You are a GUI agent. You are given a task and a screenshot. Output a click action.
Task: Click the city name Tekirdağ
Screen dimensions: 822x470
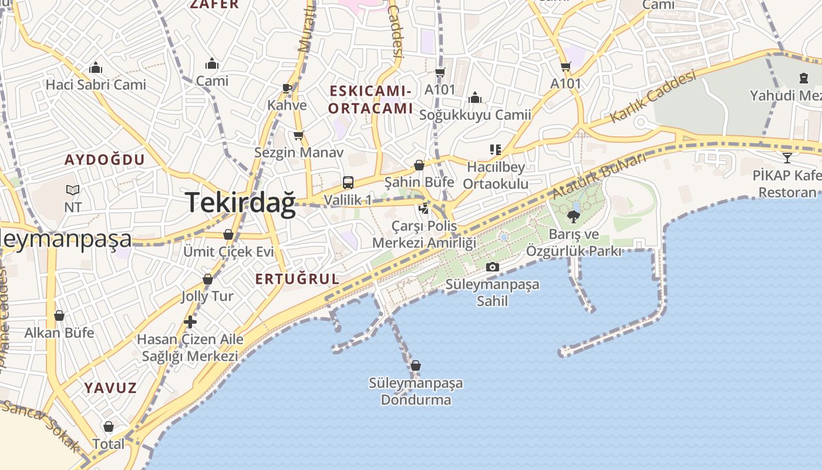tap(241, 203)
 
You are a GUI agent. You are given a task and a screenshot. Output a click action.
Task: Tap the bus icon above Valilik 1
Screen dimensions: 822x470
tap(348, 182)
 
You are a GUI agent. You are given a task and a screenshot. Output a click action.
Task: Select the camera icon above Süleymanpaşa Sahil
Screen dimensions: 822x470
tap(493, 267)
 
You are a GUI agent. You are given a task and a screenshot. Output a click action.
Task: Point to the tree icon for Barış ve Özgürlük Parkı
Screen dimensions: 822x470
tap(573, 217)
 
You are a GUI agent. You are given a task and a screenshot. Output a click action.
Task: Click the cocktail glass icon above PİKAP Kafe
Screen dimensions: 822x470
tap(787, 157)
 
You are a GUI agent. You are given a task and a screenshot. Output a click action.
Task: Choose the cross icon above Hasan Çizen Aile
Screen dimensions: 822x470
tap(190, 322)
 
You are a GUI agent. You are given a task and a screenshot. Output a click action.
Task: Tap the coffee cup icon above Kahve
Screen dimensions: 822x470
tap(287, 88)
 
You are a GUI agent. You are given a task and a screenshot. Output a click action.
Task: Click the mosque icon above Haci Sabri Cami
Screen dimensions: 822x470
tap(95, 68)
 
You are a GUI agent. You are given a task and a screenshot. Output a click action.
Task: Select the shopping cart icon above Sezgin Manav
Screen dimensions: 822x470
tap(299, 136)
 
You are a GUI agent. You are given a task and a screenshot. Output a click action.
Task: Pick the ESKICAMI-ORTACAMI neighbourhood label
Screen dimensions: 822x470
tap(370, 99)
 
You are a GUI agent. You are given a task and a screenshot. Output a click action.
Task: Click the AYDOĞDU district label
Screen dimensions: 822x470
tap(105, 160)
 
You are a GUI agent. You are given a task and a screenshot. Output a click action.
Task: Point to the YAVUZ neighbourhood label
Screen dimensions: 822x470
tap(110, 388)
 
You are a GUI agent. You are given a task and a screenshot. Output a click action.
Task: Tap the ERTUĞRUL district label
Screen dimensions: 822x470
tap(298, 279)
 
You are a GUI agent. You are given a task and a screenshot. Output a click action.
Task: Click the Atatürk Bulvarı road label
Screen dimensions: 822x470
tap(598, 176)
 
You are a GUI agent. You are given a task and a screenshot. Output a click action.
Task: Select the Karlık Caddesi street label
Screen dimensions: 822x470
tap(652, 97)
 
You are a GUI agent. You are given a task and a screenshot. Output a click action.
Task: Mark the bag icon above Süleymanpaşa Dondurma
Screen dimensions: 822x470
tap(416, 365)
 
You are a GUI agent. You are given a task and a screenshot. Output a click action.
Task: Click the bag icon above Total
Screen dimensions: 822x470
tap(109, 427)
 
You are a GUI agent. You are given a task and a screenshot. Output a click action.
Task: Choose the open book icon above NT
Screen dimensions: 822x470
tap(73, 190)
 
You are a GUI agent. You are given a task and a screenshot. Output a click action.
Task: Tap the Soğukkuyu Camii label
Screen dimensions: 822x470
tap(475, 115)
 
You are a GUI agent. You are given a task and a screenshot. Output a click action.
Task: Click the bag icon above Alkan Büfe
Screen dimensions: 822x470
tap(59, 315)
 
